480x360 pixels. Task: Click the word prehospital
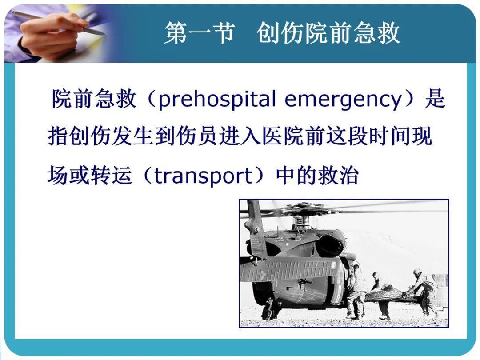217,99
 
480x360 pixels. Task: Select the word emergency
343,100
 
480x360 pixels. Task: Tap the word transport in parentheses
204,176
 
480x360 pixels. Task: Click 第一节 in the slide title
200,33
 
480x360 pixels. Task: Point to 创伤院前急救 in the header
328,33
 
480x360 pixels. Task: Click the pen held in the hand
58,22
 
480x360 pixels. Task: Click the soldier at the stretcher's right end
424,291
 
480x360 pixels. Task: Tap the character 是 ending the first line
435,99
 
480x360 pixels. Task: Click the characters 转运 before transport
112,176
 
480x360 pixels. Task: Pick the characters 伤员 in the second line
197,136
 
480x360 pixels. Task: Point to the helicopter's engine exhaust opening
331,245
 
